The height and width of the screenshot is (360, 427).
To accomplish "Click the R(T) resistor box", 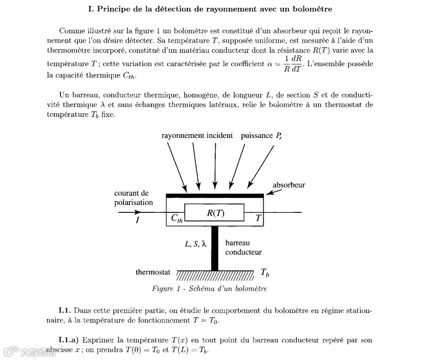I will click(214, 213).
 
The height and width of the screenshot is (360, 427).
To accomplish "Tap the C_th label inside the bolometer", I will click(176, 219).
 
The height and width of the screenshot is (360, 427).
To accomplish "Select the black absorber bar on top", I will click(215, 195).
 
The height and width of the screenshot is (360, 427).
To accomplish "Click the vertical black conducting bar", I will click(215, 248).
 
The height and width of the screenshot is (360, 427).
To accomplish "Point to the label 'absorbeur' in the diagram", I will click(288, 185).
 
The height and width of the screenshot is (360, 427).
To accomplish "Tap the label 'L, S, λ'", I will click(195, 243).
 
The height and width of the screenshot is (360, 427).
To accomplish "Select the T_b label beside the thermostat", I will click(265, 273).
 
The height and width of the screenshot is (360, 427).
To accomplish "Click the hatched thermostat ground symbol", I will click(215, 275).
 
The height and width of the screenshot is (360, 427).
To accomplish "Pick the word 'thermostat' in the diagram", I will click(153, 272).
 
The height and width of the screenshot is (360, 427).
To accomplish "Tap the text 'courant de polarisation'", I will click(133, 198).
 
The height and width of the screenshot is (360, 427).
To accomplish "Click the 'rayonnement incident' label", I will click(197, 135).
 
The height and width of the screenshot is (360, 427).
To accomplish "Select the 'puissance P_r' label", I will click(261, 136).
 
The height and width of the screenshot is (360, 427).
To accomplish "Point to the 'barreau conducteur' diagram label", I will click(243, 248).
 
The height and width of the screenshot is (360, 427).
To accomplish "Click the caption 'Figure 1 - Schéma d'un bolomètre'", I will click(209, 289).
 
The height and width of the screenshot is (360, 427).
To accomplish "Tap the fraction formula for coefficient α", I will click(291, 64).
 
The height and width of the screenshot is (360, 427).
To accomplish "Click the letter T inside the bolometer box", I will click(258, 218).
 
